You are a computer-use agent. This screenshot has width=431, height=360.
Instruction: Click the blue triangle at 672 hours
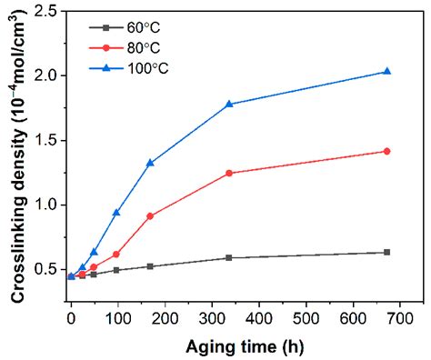tap(387, 72)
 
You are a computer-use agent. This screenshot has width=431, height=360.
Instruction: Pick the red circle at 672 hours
tap(387, 151)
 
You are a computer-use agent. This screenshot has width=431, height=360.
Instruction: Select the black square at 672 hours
tap(387, 252)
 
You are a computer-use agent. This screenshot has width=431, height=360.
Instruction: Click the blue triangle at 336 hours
tap(229, 104)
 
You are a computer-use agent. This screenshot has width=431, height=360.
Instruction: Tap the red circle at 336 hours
tap(229, 173)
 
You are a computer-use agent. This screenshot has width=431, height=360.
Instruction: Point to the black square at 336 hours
tap(229, 257)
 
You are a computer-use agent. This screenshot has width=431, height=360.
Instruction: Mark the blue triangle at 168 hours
tap(150, 163)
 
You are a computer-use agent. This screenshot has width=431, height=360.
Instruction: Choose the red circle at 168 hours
tap(150, 215)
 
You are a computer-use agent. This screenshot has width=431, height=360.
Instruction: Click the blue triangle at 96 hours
tap(116, 213)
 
